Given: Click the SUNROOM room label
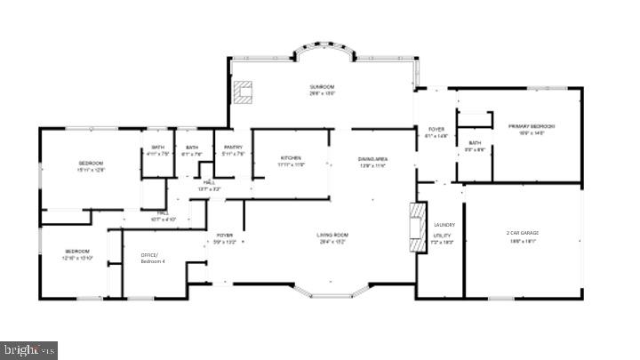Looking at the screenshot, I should point(322,87).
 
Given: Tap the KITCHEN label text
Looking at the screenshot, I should point(291,158).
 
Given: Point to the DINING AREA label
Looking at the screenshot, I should point(373,159).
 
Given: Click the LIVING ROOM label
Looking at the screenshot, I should point(333,235).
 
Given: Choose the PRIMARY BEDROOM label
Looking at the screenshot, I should point(532,126).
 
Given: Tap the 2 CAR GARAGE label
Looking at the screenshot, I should point(522,233).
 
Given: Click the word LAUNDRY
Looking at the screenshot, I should point(443,226).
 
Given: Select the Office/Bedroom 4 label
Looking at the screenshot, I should point(153,258).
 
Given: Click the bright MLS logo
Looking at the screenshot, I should point(28,350).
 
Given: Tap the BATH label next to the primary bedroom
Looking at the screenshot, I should point(475,142).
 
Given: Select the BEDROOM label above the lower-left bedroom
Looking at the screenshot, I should point(91,163).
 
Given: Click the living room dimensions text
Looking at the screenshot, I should point(333,241).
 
